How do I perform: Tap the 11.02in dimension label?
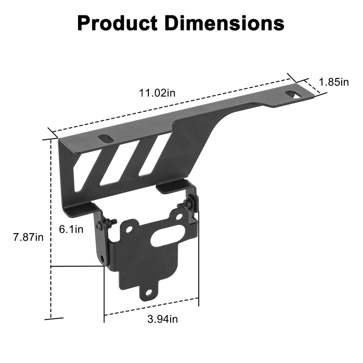[157, 93]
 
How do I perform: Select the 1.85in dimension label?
[334, 82]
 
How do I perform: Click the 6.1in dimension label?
[71, 229]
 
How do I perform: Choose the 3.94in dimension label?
[162, 319]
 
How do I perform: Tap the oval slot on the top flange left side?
[105, 138]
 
